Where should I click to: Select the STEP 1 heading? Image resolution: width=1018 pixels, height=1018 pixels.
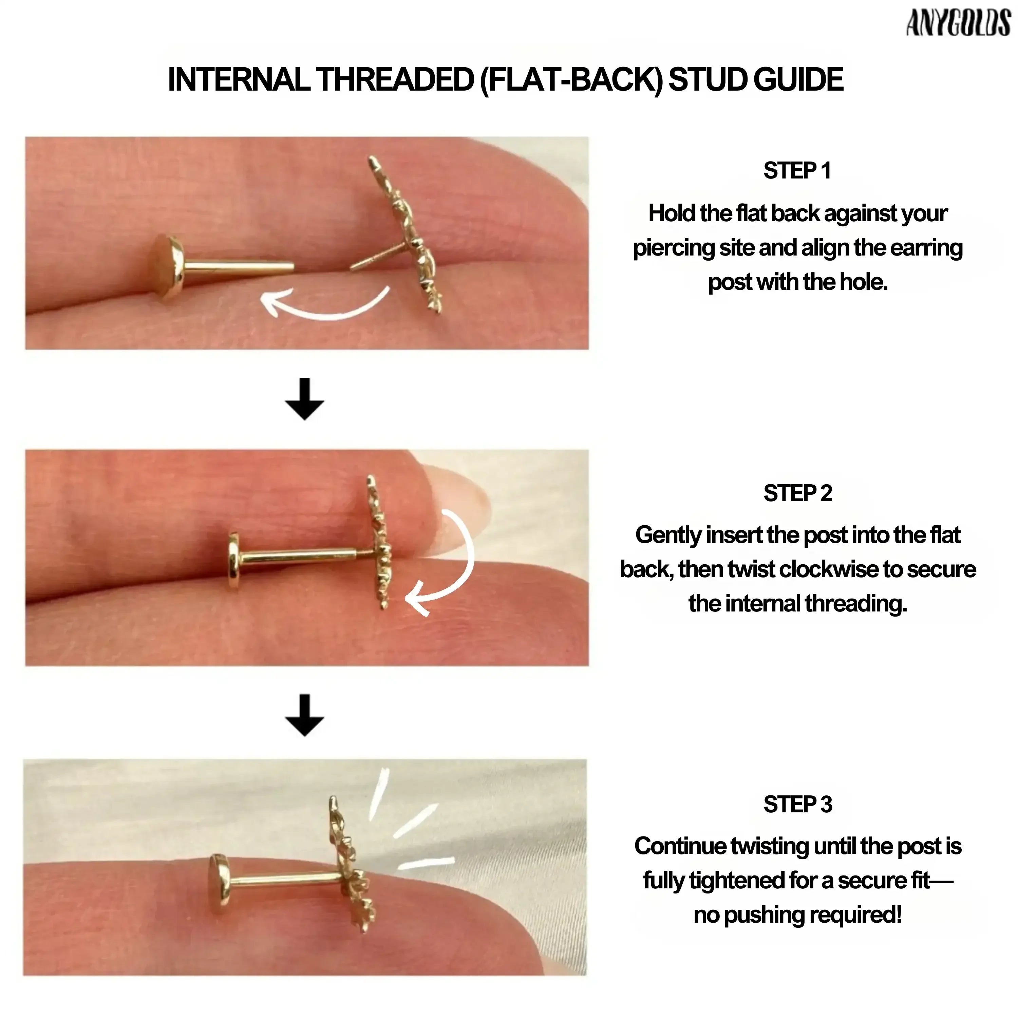(x=797, y=171)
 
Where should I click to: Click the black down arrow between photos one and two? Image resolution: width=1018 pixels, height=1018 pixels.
(x=305, y=399)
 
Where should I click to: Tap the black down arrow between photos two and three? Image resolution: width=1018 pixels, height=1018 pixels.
(x=305, y=715)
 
